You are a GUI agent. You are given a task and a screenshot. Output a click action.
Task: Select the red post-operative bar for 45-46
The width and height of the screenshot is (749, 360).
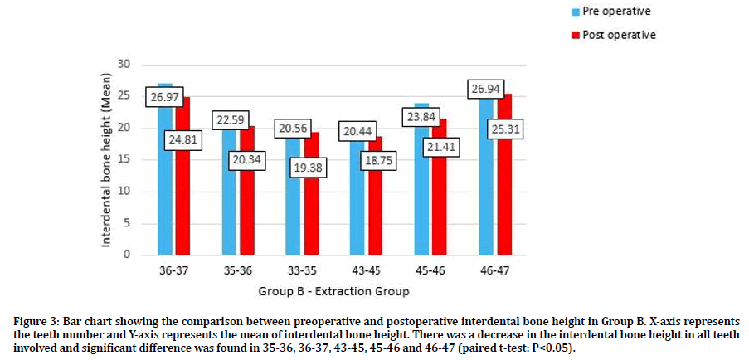point(440,207)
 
